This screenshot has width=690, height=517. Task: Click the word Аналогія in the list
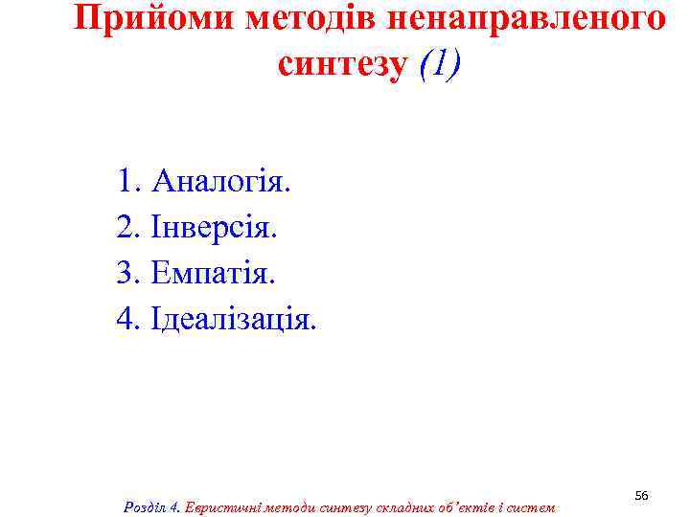click(219, 181)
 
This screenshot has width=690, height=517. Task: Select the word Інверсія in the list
click(214, 227)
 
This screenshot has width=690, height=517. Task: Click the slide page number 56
click(642, 495)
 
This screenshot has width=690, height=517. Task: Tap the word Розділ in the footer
click(146, 506)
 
